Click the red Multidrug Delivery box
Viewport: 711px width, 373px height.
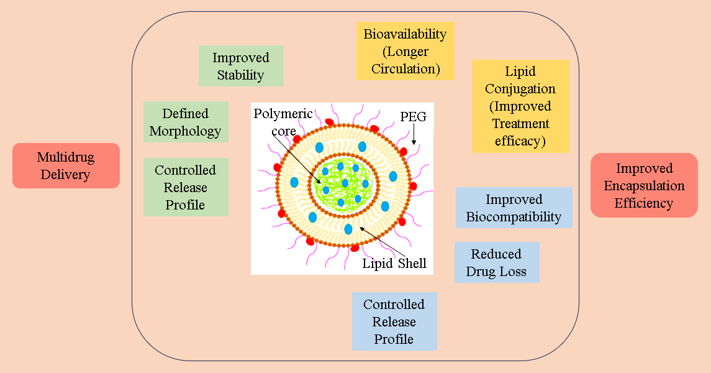(66, 165)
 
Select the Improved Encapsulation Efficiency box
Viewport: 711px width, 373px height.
(644, 185)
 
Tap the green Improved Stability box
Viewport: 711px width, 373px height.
(241, 66)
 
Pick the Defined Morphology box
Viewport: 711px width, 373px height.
(186, 122)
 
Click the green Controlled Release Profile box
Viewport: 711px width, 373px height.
(186, 187)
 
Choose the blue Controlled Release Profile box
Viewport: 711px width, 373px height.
(394, 321)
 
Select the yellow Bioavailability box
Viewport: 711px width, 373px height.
(405, 52)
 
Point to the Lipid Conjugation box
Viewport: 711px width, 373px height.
(520, 106)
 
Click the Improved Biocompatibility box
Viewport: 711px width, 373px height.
(514, 208)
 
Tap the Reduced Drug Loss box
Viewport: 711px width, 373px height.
(497, 262)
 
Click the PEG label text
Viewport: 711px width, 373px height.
(414, 116)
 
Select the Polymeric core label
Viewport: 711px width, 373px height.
(283, 122)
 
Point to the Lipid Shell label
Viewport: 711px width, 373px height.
(394, 264)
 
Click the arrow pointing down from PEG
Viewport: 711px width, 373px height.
(414, 135)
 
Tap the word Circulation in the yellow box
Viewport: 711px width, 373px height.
(405, 69)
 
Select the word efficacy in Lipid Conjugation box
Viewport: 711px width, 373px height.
(520, 140)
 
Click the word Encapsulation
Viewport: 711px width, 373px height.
(644, 185)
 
